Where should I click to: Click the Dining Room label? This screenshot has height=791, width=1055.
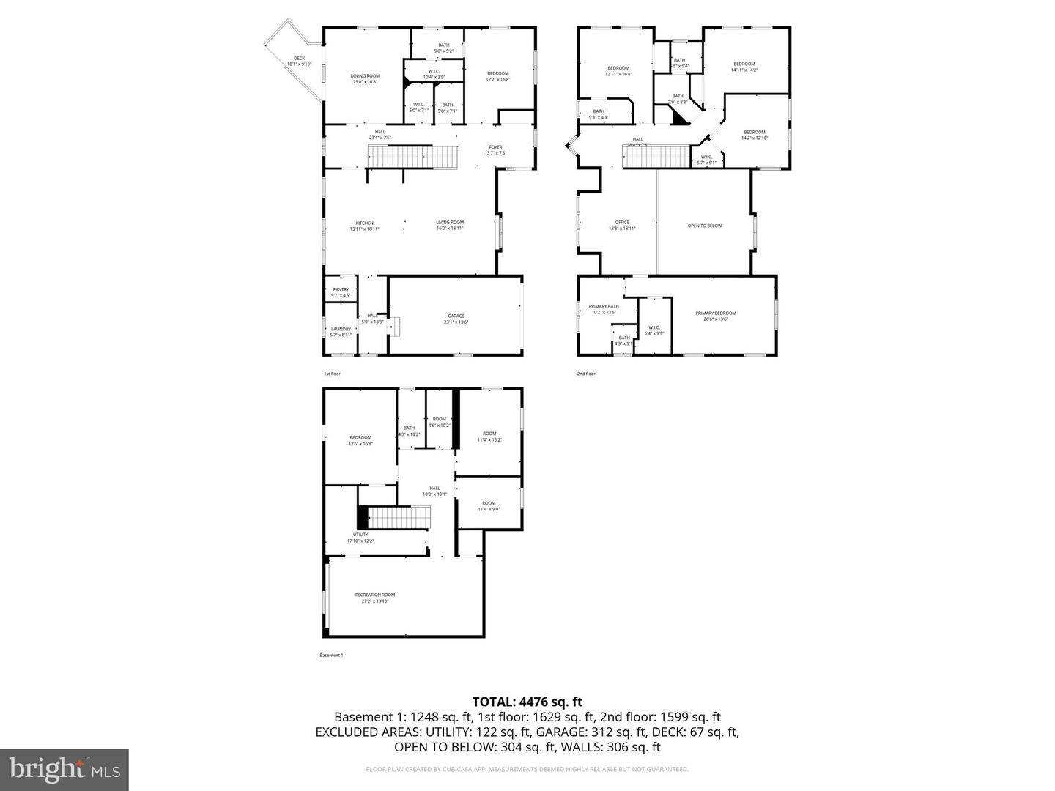[365, 78]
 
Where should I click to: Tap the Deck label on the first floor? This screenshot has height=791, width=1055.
[299, 61]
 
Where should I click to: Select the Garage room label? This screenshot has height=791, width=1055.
[456, 319]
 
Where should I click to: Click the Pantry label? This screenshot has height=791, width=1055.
[341, 291]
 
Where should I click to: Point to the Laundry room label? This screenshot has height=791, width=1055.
[341, 332]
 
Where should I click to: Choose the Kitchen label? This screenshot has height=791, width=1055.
[364, 226]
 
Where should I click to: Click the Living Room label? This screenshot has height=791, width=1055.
[450, 226]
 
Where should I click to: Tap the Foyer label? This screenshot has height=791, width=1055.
[495, 149]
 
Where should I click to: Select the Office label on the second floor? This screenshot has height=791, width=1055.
[622, 226]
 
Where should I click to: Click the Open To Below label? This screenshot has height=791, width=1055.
[704, 226]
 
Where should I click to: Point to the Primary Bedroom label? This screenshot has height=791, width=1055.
[715, 316]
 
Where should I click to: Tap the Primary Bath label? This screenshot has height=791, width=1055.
[604, 309]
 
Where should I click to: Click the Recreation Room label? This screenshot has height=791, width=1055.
[374, 598]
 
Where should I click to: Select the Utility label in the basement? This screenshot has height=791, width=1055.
[360, 538]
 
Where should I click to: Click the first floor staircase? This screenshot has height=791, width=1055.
[413, 157]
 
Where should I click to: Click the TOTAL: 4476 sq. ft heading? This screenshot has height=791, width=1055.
[527, 702]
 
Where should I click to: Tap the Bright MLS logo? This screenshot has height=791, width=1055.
[64, 769]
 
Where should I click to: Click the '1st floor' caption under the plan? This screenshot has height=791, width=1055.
[332, 374]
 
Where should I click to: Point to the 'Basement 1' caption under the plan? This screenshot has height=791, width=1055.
[331, 655]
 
